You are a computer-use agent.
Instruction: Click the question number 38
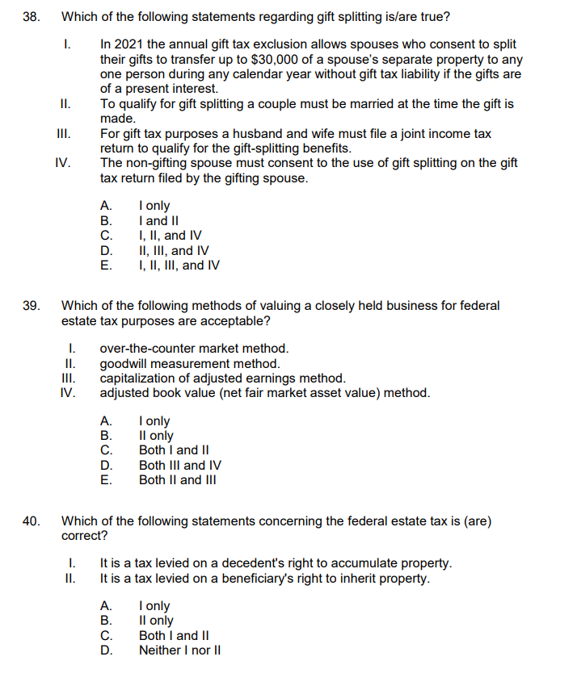tap(32, 15)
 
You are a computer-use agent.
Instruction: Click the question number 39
tap(32, 306)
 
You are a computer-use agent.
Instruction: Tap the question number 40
tap(32, 521)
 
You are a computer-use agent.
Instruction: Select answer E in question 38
tap(179, 265)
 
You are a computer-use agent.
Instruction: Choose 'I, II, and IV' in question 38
tap(170, 236)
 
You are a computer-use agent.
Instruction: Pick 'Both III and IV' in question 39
tap(180, 465)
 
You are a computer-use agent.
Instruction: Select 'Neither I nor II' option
tap(180, 650)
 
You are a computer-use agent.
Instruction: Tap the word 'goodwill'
tap(124, 364)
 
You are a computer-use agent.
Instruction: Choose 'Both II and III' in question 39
tap(179, 480)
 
